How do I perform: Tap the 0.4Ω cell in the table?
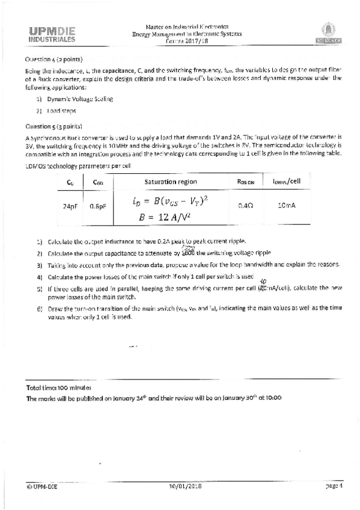click(245, 206)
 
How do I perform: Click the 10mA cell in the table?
click(286, 206)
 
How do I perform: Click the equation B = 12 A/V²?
click(170, 218)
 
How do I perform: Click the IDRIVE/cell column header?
click(286, 182)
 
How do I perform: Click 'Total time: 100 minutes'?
click(58, 389)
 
